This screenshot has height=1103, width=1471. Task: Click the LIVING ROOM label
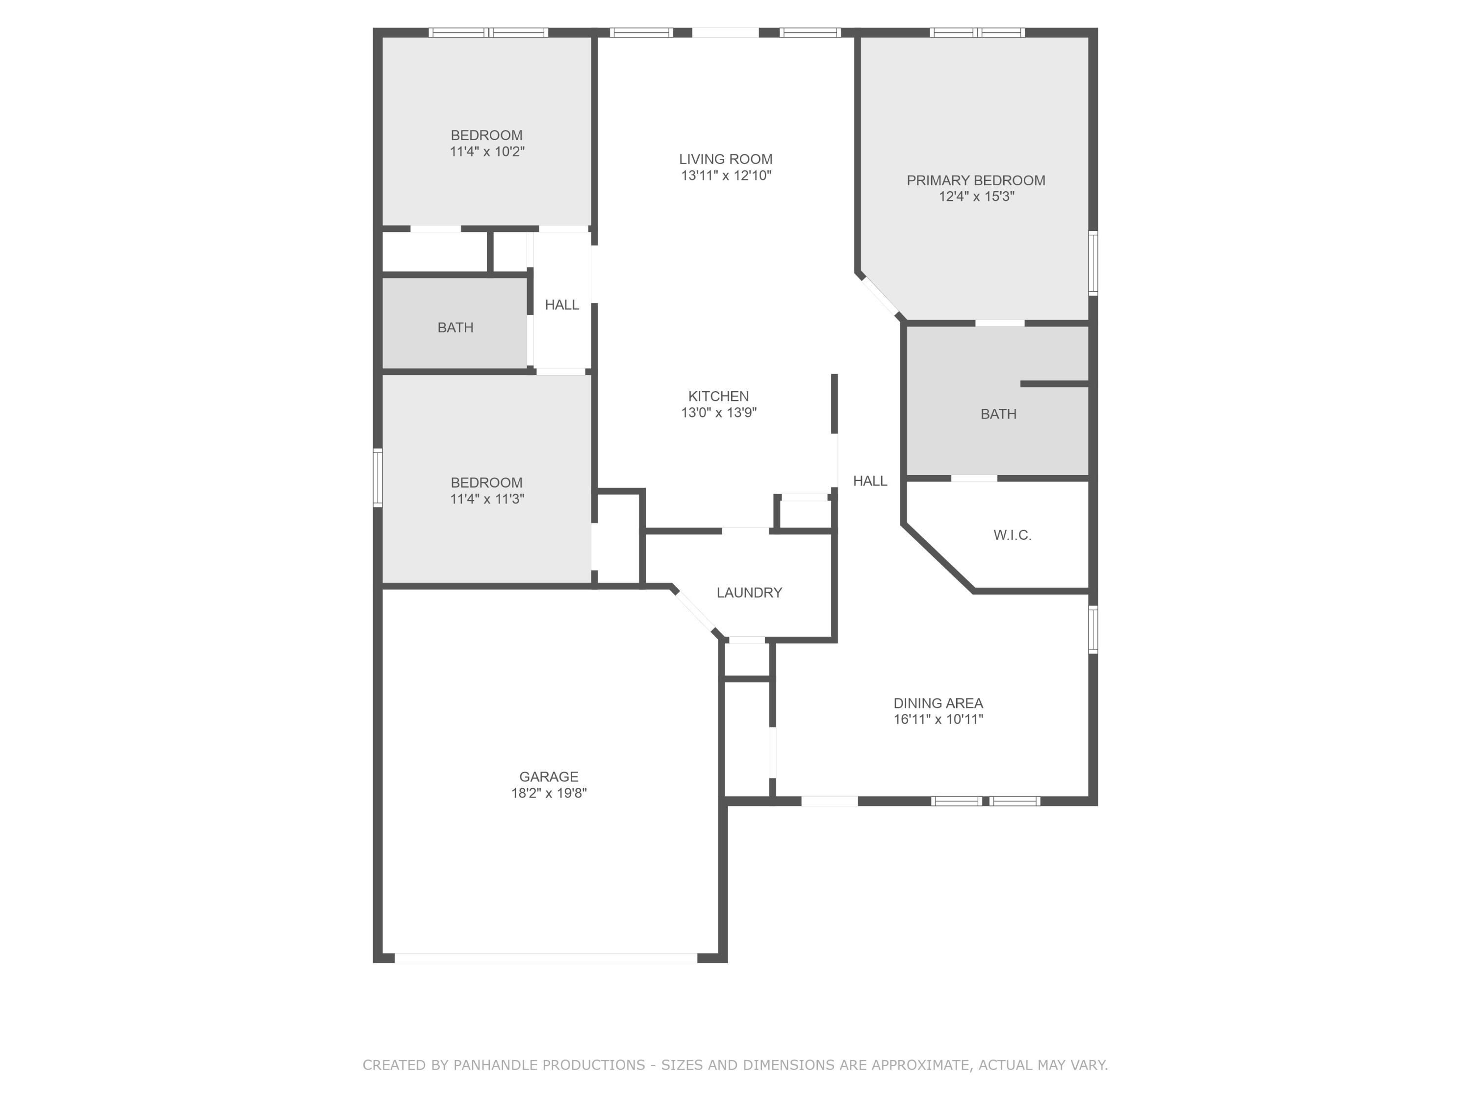click(x=726, y=159)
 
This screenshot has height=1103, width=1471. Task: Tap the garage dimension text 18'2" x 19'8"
click(x=549, y=793)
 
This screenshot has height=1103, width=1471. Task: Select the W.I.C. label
click(x=1012, y=534)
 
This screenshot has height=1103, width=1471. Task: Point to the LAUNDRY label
click(x=749, y=592)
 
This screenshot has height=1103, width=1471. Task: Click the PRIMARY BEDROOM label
click(x=976, y=180)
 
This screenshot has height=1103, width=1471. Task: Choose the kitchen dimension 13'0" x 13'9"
click(x=718, y=412)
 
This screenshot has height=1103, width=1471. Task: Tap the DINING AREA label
click(x=938, y=703)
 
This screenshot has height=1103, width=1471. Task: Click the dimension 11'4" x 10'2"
click(x=487, y=151)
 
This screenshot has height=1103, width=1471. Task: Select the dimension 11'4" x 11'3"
click(x=487, y=499)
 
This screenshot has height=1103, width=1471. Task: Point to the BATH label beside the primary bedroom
click(x=998, y=414)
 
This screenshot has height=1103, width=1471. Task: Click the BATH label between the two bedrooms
click(x=455, y=327)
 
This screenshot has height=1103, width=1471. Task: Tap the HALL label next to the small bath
click(x=561, y=304)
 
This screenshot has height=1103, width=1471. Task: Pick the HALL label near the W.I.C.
click(x=870, y=481)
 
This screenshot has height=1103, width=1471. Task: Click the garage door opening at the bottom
click(x=545, y=957)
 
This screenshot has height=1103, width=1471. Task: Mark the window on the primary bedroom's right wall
click(x=1092, y=263)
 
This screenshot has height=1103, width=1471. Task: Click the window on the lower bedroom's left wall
click(x=378, y=477)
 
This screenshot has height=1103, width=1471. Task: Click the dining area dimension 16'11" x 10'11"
click(x=938, y=719)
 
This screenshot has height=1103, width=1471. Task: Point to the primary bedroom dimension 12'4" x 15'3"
click(x=976, y=196)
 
